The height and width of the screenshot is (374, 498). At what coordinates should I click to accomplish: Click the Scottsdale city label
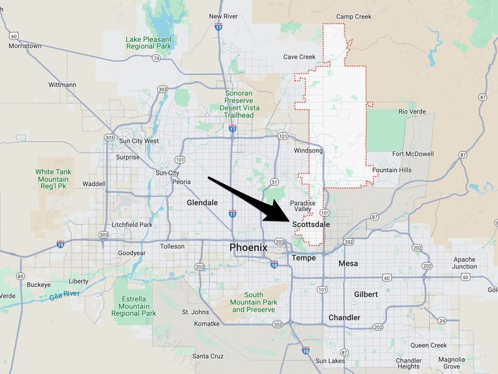[x=311, y=224]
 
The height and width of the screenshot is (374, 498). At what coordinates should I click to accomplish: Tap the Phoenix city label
[x=248, y=247]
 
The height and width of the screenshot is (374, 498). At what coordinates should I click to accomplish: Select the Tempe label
[x=303, y=258]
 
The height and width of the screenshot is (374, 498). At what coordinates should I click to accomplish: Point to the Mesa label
[x=348, y=263]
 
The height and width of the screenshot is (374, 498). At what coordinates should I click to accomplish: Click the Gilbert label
[x=366, y=295]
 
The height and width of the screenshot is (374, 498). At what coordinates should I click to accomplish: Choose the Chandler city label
[x=344, y=317]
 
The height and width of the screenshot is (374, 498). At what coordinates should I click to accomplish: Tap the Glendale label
[x=202, y=202]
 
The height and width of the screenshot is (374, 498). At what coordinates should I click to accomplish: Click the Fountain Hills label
[x=391, y=170]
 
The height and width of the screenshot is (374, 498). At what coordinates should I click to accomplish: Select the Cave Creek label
[x=299, y=57]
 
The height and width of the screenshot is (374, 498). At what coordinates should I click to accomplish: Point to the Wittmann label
[x=62, y=85]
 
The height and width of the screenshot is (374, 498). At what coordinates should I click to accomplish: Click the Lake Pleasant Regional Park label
[x=148, y=43]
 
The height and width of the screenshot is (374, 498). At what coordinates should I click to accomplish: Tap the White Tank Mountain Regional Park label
[x=54, y=179]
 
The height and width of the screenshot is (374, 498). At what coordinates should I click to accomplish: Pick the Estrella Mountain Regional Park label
[x=134, y=305]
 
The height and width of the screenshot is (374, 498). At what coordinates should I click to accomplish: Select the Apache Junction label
[x=465, y=263]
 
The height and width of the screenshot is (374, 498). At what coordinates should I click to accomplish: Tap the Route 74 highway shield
[x=155, y=58]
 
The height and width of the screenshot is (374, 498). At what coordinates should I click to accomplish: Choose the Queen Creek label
[x=429, y=345]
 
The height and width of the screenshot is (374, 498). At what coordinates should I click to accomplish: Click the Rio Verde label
[x=412, y=112]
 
